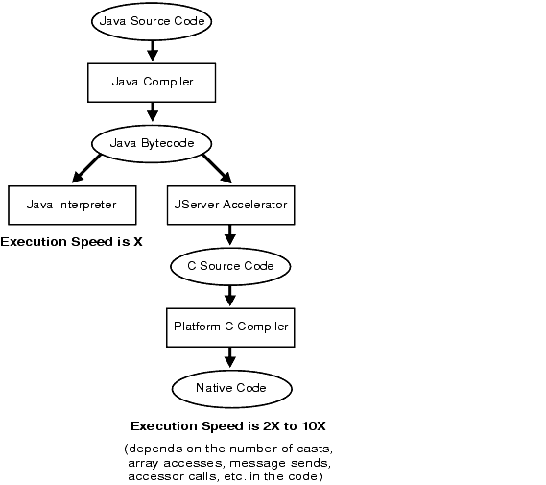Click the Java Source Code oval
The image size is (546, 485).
coord(152,21)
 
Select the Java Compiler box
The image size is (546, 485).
coord(152,83)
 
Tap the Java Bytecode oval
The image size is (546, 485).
coord(152,143)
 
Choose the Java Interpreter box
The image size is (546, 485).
coord(72,205)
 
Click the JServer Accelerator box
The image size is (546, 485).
coord(231,205)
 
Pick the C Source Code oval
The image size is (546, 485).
coord(230,267)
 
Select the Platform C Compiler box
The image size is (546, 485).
coord(230,327)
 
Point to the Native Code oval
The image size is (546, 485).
coord(231,389)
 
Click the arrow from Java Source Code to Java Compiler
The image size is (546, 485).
coord(153,51)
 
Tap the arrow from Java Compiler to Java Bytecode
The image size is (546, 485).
coord(153,112)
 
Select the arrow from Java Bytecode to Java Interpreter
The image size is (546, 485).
coord(86,168)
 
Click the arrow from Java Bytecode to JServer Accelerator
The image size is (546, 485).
coord(217,169)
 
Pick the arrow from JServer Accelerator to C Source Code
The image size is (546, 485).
coord(230,235)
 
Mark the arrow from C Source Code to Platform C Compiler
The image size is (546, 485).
coord(230,296)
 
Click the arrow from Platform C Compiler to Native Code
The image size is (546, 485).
coord(230,357)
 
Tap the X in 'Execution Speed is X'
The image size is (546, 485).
coord(138,242)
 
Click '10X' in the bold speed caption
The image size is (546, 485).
coord(314,426)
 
